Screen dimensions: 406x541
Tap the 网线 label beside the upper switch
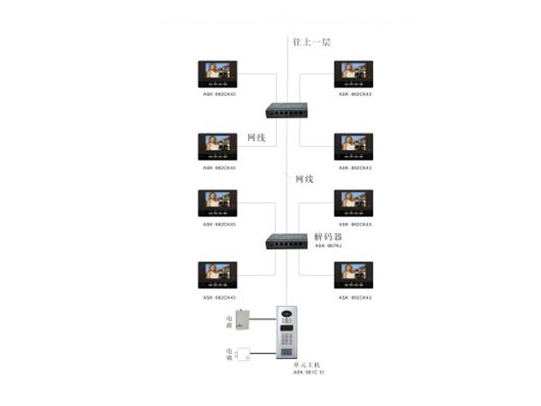[x=256, y=138]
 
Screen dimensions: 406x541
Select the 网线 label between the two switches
[x=304, y=180]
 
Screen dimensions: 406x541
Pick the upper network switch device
[x=280, y=109]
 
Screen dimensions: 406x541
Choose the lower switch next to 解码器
[x=280, y=241]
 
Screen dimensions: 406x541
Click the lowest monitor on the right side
[x=354, y=276]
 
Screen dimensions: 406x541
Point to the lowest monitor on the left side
[x=218, y=276]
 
